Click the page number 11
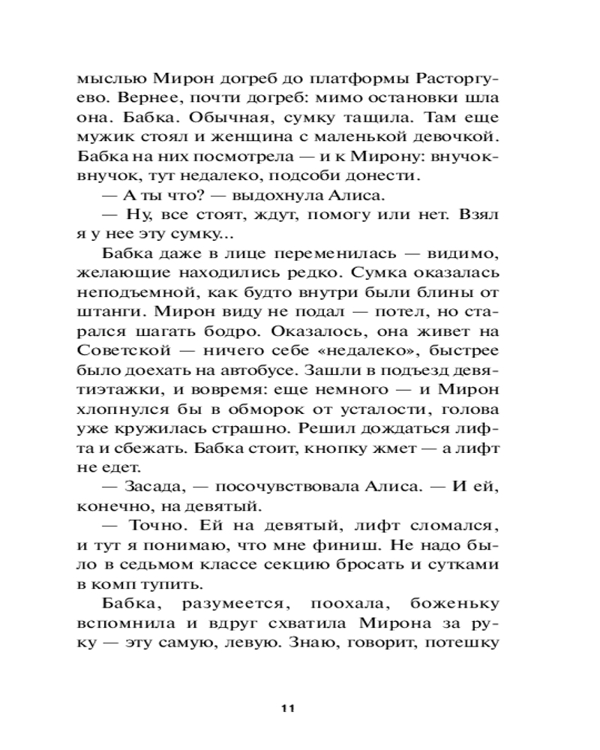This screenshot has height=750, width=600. click(x=288, y=708)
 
